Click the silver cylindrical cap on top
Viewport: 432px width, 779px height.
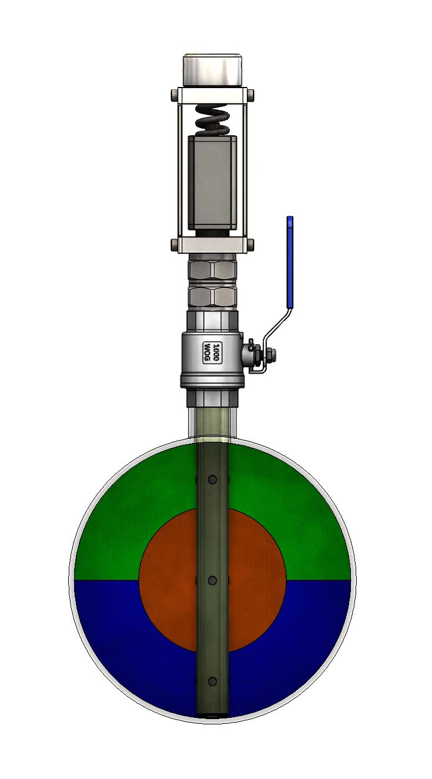coord(212,70)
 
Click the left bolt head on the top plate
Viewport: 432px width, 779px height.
coord(173,95)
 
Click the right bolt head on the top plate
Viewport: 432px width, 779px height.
coord(251,95)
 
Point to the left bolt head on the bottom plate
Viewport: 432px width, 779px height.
coord(173,244)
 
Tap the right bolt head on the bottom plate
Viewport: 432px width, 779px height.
coord(251,244)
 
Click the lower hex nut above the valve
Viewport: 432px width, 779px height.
coord(212,296)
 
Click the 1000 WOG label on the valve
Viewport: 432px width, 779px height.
coord(212,353)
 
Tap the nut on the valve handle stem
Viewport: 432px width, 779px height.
coord(271,354)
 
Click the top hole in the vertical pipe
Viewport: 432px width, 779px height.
coord(212,479)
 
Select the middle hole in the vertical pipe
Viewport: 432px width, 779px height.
coord(212,580)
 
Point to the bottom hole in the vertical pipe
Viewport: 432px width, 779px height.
coord(212,681)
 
